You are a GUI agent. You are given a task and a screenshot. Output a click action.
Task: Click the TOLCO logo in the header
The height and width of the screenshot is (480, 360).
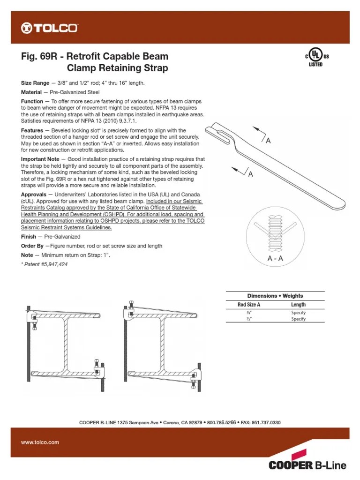point(49,29)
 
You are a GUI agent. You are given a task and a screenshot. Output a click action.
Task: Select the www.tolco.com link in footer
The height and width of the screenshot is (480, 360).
point(40,442)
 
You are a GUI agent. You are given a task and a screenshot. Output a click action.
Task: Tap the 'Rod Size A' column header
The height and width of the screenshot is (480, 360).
point(248,305)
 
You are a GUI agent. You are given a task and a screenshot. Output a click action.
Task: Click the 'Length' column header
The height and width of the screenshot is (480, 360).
point(298,305)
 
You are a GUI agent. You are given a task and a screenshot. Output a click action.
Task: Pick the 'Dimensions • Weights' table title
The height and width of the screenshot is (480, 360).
point(275,296)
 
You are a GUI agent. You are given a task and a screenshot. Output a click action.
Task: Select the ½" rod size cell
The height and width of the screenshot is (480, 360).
point(248,319)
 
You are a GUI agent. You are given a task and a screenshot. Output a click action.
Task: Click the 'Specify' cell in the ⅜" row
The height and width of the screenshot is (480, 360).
point(298,313)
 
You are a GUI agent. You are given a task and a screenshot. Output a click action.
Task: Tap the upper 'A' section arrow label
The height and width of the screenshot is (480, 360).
point(269,141)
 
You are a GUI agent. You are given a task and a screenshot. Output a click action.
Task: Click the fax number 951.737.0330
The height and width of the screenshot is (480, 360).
point(264,422)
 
